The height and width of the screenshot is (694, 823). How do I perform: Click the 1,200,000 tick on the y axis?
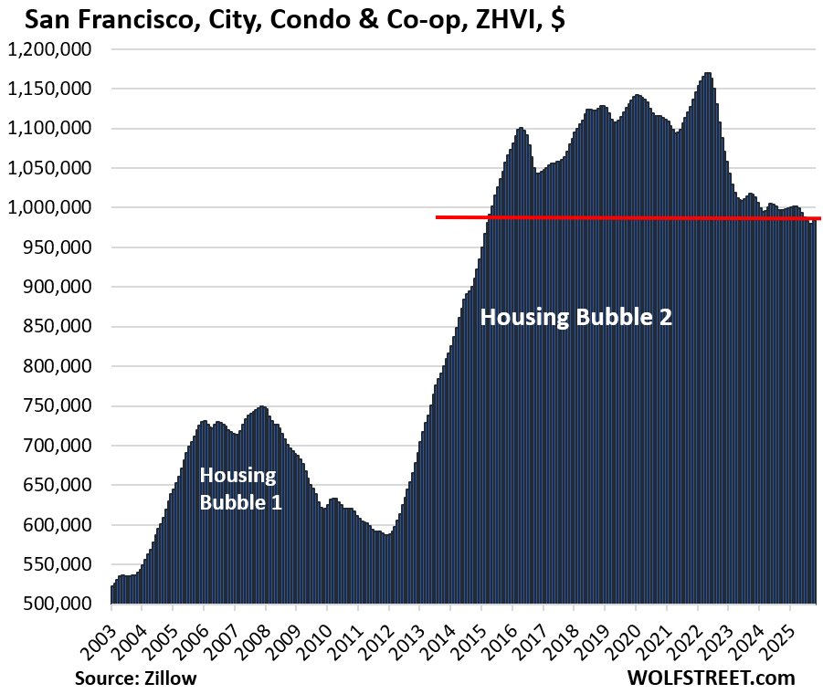[54, 49]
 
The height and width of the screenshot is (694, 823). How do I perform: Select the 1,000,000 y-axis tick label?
[54, 207]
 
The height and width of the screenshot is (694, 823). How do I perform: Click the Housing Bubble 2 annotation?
[575, 318]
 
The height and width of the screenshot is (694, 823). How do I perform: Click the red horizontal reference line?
[621, 217]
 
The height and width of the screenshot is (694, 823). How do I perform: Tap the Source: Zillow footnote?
[136, 678]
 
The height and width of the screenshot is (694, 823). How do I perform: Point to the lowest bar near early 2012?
[387, 569]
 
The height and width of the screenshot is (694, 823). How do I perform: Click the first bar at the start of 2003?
[112, 594]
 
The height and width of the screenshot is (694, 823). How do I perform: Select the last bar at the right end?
[816, 411]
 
